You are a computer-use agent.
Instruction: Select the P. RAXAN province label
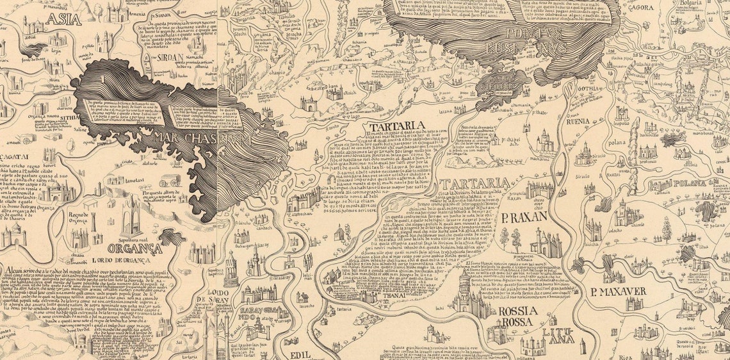pyautogui.click(x=524, y=217)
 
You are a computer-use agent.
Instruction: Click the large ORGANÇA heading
pyautogui.click(x=134, y=249)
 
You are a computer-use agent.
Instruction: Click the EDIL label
pyautogui.click(x=300, y=354)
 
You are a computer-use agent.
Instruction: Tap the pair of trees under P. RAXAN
pyautogui.click(x=509, y=240)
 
